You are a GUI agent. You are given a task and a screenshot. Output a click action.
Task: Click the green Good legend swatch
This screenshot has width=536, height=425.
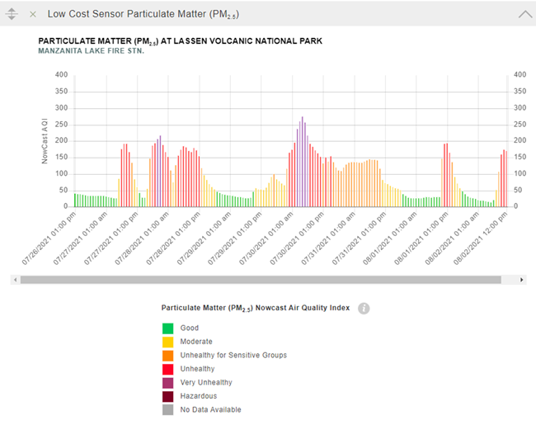(168, 328)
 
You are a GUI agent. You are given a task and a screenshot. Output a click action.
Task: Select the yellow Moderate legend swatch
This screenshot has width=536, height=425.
(168, 341)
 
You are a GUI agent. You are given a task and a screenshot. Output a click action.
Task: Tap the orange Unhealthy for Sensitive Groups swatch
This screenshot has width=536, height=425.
(168, 355)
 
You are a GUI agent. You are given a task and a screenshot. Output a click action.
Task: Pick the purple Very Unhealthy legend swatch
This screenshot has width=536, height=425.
(168, 382)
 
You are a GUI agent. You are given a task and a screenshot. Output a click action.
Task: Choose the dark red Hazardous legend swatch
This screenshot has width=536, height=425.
(168, 396)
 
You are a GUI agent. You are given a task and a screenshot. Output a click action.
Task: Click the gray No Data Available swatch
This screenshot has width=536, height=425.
(168, 409)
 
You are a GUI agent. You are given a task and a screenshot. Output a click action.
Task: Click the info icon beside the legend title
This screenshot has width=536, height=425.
(364, 308)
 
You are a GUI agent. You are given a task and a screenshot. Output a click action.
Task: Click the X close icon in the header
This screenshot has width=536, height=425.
(32, 14)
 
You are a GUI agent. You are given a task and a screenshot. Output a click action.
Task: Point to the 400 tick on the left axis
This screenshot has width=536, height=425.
(60, 74)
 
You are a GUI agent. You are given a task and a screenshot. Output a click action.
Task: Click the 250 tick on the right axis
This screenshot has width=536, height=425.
(520, 124)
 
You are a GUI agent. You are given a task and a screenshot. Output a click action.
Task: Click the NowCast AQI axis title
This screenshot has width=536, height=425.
(46, 140)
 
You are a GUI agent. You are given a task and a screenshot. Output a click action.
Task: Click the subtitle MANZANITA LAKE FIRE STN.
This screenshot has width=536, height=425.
(92, 51)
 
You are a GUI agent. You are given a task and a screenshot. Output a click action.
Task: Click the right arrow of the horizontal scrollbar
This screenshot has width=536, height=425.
(522, 280)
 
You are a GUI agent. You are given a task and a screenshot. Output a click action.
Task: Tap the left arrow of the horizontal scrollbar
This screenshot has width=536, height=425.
(14, 280)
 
